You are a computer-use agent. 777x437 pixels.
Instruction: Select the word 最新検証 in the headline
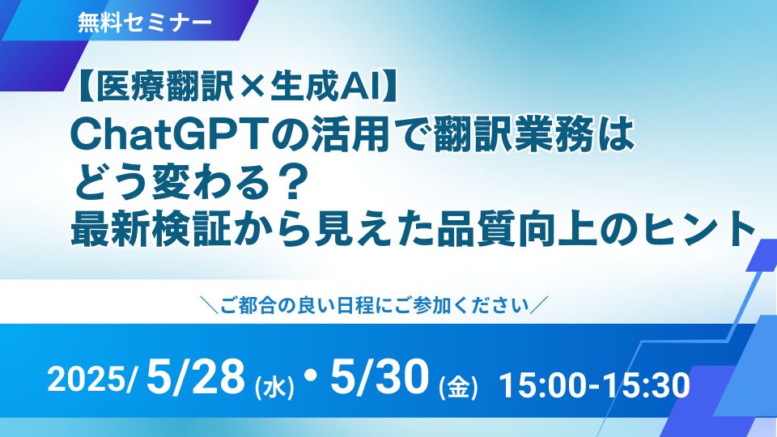[151, 229]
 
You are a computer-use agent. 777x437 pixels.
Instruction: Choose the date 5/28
[196, 377]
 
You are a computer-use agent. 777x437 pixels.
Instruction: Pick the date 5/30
[380, 377]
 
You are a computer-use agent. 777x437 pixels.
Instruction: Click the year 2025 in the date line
[87, 380]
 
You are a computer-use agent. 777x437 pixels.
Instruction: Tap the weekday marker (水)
[274, 387]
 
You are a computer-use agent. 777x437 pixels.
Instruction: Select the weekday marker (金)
[458, 387]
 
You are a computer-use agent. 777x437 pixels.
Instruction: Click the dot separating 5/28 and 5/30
[312, 376]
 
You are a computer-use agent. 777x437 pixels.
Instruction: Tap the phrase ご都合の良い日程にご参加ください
[375, 305]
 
